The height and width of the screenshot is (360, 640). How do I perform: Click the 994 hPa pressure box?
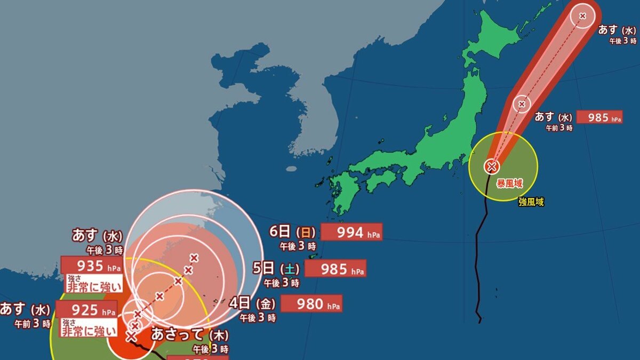coord(352,232)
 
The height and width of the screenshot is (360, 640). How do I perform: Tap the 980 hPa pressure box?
coord(311,304)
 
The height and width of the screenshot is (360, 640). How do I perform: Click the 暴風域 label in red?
coord(510,183)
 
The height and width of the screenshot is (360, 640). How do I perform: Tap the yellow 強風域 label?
coord(531,202)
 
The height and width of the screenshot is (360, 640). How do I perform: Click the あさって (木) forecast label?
coord(190,335)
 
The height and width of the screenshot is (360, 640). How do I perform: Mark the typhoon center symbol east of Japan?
coord(491,166)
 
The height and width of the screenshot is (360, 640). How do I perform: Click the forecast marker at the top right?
coord(582,16)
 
